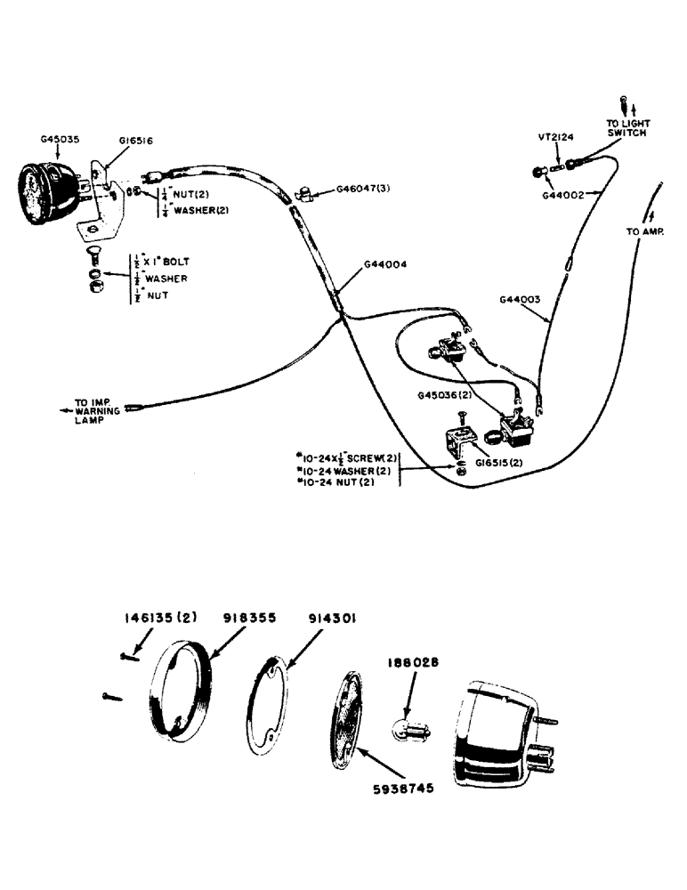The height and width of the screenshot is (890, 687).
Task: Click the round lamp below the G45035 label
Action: pyautogui.click(x=44, y=195)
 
